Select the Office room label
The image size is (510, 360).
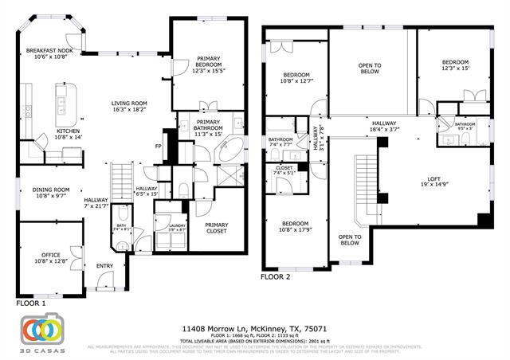point(50,256)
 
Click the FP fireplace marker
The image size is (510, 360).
point(158,147)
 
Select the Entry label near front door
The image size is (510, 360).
point(105,266)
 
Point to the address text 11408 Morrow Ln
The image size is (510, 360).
point(255,328)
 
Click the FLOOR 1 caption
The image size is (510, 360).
point(31,303)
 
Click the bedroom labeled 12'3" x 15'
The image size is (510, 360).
point(455,65)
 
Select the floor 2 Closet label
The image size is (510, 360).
point(284,170)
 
